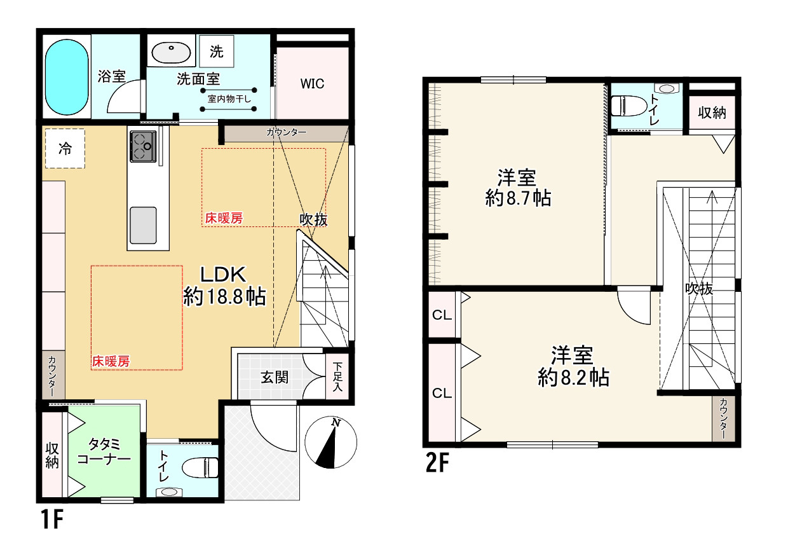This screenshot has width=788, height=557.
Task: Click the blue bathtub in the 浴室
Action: [67, 77]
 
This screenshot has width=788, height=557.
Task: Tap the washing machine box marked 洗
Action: [216, 52]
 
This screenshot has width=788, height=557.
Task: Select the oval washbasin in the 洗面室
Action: [171, 53]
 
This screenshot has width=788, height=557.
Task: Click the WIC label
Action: [312, 84]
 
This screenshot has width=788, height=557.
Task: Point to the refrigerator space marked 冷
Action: [65, 148]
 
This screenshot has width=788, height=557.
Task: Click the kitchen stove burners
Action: [143, 146]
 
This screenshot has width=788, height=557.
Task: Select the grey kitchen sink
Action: [143, 225]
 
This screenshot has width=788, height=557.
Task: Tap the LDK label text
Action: [223, 274]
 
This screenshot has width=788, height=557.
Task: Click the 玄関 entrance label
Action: [275, 378]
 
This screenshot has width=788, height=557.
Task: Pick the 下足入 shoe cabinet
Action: [337, 376]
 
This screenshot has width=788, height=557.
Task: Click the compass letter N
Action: [336, 422]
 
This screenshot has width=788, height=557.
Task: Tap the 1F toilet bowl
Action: [200, 468]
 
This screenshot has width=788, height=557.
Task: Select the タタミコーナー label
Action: [104, 451]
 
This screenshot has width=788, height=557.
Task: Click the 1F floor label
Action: [52, 519]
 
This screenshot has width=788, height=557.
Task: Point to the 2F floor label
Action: [437, 462]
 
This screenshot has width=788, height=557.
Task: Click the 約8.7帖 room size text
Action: [518, 198]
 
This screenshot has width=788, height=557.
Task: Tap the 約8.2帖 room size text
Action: [573, 378]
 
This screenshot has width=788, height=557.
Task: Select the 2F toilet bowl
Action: [629, 106]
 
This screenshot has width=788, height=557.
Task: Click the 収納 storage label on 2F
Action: [712, 113]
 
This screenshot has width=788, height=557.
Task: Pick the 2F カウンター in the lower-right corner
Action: [723, 418]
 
